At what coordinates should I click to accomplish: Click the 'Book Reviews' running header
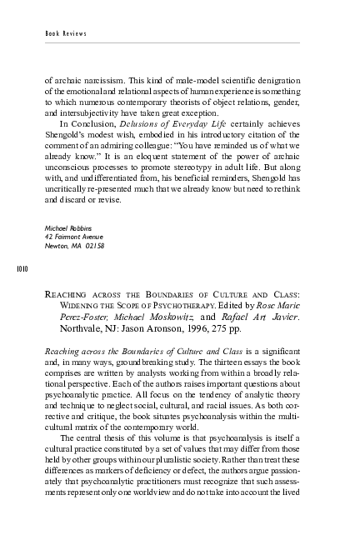(x=66, y=33)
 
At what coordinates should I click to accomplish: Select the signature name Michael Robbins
(x=68, y=227)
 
